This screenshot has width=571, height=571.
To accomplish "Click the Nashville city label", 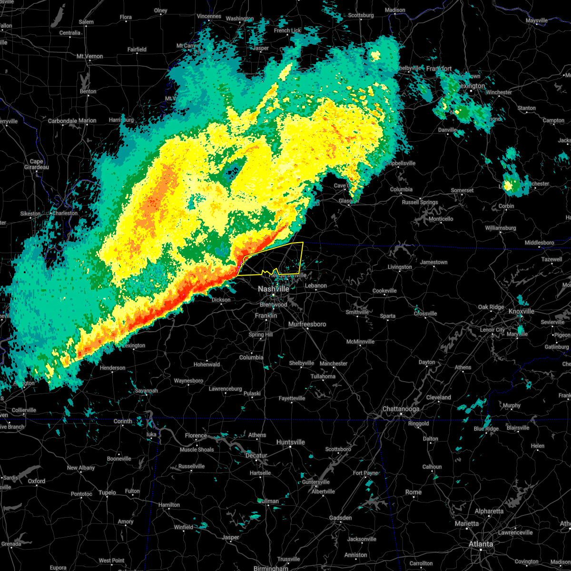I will point(273,289).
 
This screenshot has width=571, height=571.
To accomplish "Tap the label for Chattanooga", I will point(401,409).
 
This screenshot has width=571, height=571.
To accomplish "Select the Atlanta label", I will point(481,544).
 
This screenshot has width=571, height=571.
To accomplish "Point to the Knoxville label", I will point(521,311).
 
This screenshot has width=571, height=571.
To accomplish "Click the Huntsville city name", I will point(290,442).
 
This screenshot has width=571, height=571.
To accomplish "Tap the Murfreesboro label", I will point(307,324).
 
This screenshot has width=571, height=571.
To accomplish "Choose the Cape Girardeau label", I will point(37,164).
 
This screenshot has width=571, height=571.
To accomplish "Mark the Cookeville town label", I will point(384,291).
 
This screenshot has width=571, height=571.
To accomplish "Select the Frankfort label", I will point(439,69).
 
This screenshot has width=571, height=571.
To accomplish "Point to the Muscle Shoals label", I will point(197,450).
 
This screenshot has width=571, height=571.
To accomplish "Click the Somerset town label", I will point(462,190).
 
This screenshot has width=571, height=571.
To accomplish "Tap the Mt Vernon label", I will point(89,56).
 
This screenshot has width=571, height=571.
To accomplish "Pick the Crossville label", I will point(425,314).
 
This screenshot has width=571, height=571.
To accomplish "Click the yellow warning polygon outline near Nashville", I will point(302,257).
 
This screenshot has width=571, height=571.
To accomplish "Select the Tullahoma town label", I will point(323,376).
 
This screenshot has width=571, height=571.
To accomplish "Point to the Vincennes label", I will point(209,16).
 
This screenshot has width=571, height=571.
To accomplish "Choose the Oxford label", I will point(36,481).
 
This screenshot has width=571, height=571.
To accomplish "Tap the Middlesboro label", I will point(539,243).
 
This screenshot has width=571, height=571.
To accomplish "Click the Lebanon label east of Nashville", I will point(316,285).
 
